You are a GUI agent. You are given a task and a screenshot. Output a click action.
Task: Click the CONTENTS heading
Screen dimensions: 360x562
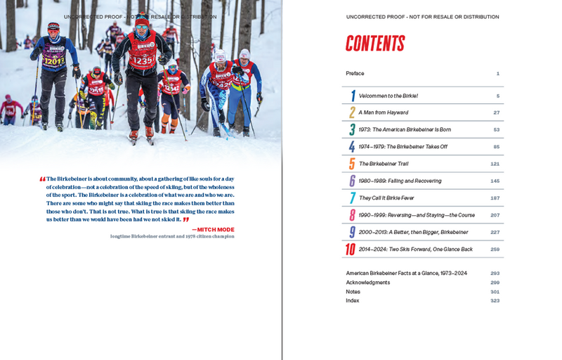pyautogui.click(x=375, y=44)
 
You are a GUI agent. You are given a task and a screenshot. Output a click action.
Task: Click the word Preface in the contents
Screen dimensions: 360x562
pyautogui.click(x=355, y=73)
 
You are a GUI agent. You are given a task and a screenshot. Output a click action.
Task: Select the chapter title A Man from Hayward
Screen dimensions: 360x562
pyautogui.click(x=384, y=112)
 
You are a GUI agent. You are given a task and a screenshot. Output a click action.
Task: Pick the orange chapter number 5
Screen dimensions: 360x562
pyautogui.click(x=352, y=164)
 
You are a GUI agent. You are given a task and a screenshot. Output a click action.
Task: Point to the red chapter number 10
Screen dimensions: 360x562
pyautogui.click(x=351, y=249)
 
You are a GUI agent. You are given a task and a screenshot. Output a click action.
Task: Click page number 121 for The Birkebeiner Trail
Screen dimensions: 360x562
pyautogui.click(x=495, y=164)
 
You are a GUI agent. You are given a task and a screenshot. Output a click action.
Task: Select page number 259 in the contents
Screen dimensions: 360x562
pyautogui.click(x=495, y=249)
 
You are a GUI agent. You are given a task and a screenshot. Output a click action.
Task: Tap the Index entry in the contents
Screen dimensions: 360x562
pyautogui.click(x=352, y=300)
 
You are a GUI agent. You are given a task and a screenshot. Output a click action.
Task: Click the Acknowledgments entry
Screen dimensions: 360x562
pyautogui.click(x=367, y=282)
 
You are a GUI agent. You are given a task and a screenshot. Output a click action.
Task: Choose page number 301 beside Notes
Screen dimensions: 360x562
pyautogui.click(x=495, y=291)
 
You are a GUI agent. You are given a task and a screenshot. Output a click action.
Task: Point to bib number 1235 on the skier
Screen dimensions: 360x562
pyautogui.click(x=143, y=61)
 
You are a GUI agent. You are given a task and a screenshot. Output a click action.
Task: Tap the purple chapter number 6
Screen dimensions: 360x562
pyautogui.click(x=352, y=181)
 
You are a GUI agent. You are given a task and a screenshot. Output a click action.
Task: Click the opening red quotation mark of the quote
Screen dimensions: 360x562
pyautogui.click(x=43, y=179)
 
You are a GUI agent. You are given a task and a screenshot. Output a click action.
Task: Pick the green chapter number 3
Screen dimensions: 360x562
pyautogui.click(x=352, y=129)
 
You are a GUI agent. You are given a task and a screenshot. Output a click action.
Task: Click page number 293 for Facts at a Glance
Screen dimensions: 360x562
pyautogui.click(x=495, y=273)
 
